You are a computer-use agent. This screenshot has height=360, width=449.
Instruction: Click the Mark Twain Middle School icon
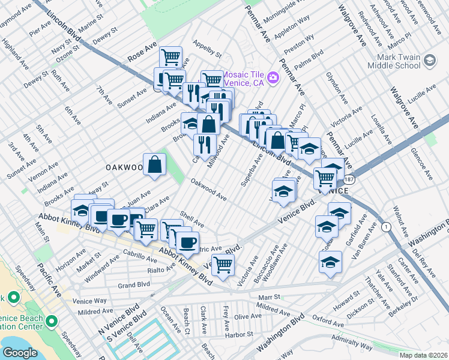click(x=430, y=61)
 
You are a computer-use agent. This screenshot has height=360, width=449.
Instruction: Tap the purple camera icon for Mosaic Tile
click(x=273, y=77)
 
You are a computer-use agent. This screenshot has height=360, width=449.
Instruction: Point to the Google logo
click(x=20, y=352)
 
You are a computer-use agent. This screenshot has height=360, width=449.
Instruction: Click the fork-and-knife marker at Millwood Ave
click(x=205, y=144)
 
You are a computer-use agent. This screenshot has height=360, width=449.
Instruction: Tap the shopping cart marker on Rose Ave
click(x=171, y=58)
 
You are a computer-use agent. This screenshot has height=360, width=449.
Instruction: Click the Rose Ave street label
click(x=142, y=57)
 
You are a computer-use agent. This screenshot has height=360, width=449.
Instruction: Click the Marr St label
click(x=269, y=296)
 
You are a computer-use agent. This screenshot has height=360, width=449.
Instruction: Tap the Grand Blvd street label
click(x=133, y=286)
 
